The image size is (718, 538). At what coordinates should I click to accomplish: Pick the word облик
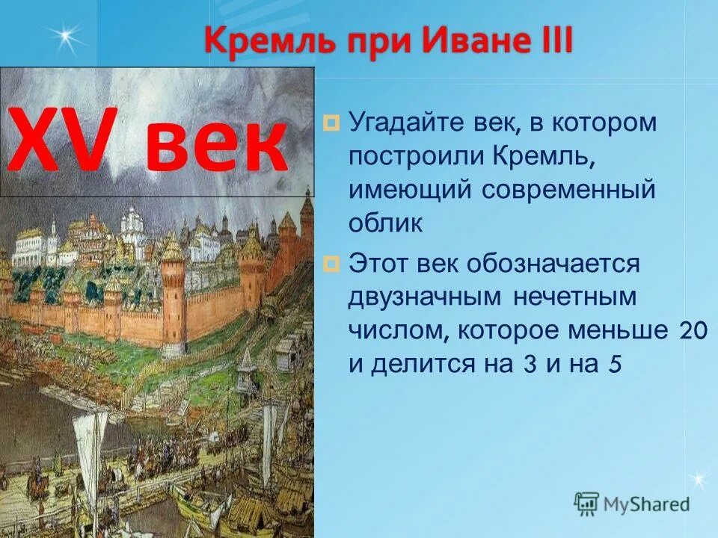pos(385,223)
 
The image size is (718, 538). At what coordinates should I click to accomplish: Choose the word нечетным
pos(574,297)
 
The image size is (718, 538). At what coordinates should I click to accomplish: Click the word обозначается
pos(554,263)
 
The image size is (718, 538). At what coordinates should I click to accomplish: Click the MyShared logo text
pos(647,504)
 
